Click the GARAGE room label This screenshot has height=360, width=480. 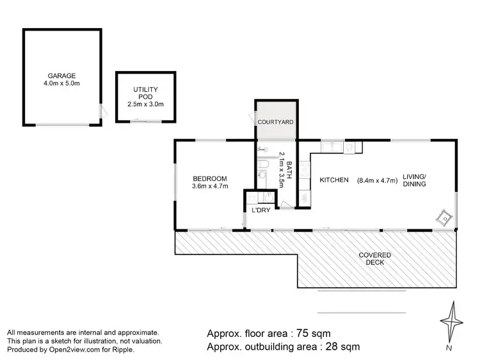pos(61,75)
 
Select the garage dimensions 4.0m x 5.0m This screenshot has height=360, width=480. pos(61,84)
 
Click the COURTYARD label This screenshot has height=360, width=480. pos(275,121)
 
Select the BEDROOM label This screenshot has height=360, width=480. pos(209,178)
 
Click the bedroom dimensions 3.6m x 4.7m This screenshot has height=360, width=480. pos(209,186)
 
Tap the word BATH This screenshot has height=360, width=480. pos(288,168)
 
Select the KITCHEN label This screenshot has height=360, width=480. pos(333,180)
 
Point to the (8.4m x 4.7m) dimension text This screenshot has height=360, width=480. pos(377,180)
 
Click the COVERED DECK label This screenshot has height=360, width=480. pos(374,259)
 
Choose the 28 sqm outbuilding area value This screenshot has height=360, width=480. pos(341,347)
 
